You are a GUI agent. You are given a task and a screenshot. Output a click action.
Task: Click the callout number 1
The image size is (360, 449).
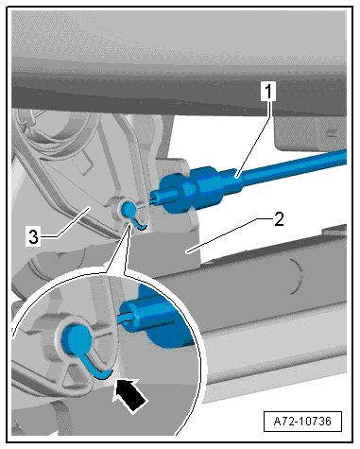pos(268,92)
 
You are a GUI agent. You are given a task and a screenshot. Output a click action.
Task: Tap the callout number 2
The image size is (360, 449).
pos(279,219)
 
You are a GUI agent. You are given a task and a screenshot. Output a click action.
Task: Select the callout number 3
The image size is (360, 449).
pos(33,236)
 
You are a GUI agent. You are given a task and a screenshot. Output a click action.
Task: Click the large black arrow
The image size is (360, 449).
pos(130,394)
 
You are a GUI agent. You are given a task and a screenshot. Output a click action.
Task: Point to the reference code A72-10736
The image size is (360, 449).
pos(302,421)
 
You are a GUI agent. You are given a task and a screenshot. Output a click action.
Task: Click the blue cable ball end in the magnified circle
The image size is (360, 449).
pos(77,339)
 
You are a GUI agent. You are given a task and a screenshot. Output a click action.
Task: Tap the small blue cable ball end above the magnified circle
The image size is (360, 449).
pos(129,209)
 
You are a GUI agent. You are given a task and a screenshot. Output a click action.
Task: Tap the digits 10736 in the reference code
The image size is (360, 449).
pos(315,421)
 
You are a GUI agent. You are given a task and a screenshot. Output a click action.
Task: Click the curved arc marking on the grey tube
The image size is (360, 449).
pos(298,277)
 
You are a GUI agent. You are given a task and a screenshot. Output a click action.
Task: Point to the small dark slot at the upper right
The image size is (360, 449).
pos(332,132)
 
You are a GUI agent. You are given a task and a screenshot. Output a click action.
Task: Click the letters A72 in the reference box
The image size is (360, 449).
pos(283,421)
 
